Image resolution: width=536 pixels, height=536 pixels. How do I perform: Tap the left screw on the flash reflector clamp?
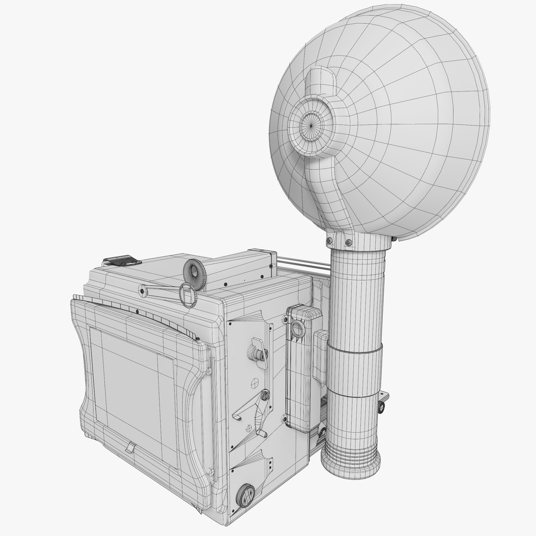(329, 242)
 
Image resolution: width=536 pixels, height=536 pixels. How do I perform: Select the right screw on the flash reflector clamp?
(349, 242)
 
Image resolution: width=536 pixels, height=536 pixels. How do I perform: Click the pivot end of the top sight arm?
(143, 289)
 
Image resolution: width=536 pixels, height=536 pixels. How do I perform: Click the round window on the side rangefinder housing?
(298, 328)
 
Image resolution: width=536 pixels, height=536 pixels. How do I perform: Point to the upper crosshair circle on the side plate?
(255, 384)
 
